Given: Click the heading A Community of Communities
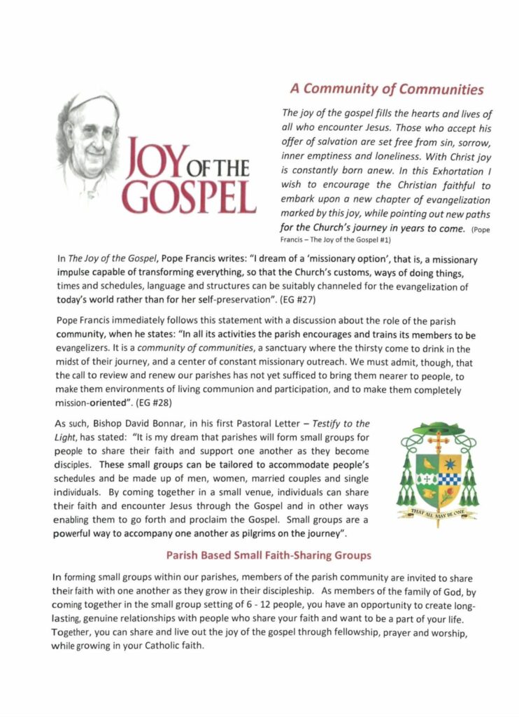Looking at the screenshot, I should tap(387, 89).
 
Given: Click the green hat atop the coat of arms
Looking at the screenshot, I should tap(439, 429).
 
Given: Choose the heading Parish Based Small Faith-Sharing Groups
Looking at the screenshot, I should tap(268, 556).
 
